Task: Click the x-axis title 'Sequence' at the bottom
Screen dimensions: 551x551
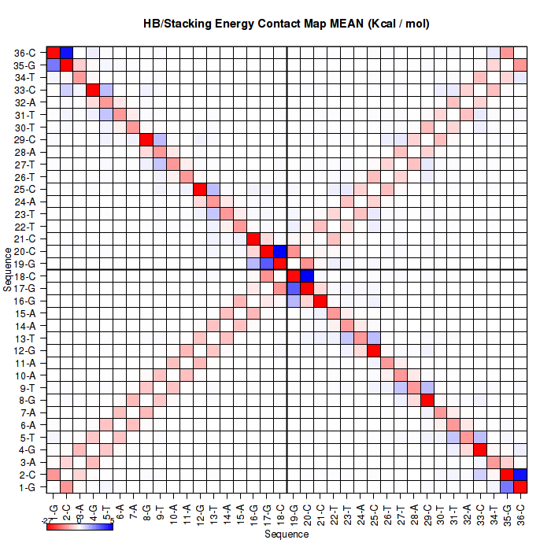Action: pyautogui.click(x=286, y=534)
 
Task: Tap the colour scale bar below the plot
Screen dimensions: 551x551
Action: pyautogui.click(x=80, y=526)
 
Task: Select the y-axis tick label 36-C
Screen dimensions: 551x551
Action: pyautogui.click(x=24, y=53)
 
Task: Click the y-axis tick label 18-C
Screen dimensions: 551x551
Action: pyautogui.click(x=24, y=275)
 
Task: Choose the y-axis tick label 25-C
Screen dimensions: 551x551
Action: pyautogui.click(x=24, y=189)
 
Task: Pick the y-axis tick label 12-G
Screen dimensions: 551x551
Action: pyautogui.click(x=24, y=350)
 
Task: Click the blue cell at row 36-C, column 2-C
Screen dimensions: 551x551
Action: pyautogui.click(x=67, y=53)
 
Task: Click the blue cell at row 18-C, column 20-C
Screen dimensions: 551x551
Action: pyautogui.click(x=306, y=275)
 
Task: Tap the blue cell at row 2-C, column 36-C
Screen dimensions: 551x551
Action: pyautogui.click(x=520, y=475)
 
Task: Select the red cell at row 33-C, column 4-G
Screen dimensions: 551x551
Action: pyautogui.click(x=93, y=90)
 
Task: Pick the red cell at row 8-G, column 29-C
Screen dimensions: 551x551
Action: pyautogui.click(x=427, y=400)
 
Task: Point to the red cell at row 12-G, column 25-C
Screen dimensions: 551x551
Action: pyautogui.click(x=373, y=350)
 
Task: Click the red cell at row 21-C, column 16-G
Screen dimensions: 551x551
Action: pyautogui.click(x=253, y=239)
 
